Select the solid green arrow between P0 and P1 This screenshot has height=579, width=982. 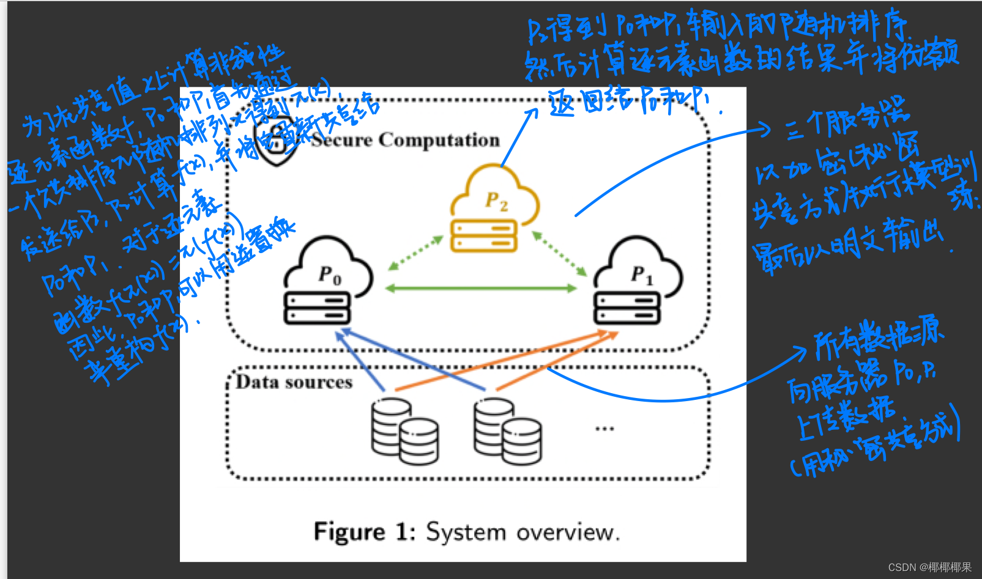click(481, 288)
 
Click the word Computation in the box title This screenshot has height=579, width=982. click(439, 140)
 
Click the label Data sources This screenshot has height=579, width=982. click(294, 383)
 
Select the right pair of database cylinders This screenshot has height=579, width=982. click(507, 431)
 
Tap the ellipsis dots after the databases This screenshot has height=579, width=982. click(604, 429)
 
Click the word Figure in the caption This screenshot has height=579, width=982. click(349, 532)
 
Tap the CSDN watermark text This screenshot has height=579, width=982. click(929, 567)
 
